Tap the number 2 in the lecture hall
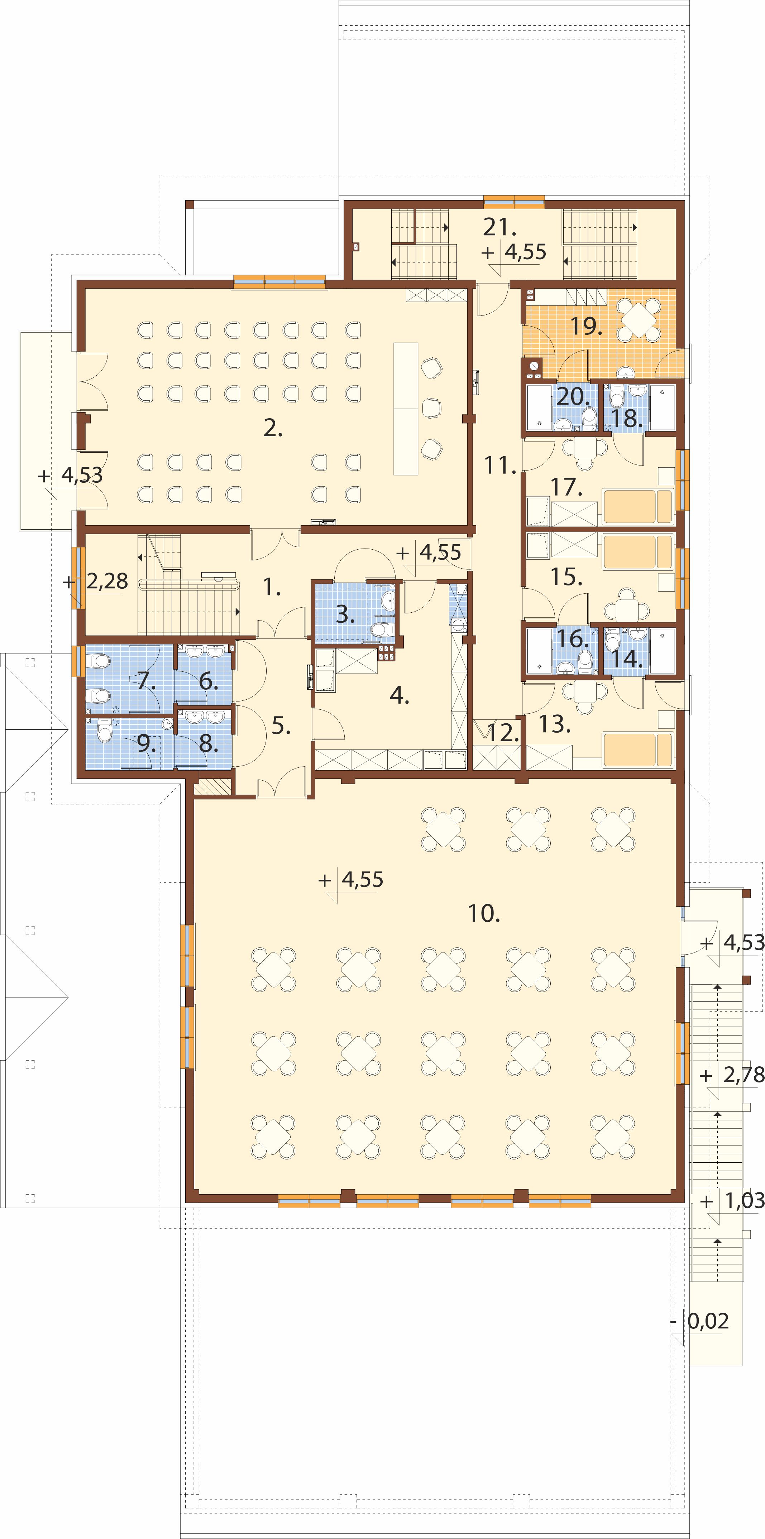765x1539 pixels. [273, 428]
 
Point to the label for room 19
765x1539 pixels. [585, 326]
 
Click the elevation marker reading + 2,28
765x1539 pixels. [96, 581]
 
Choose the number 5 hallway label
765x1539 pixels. [281, 725]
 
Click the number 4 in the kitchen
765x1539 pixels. [399, 695]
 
